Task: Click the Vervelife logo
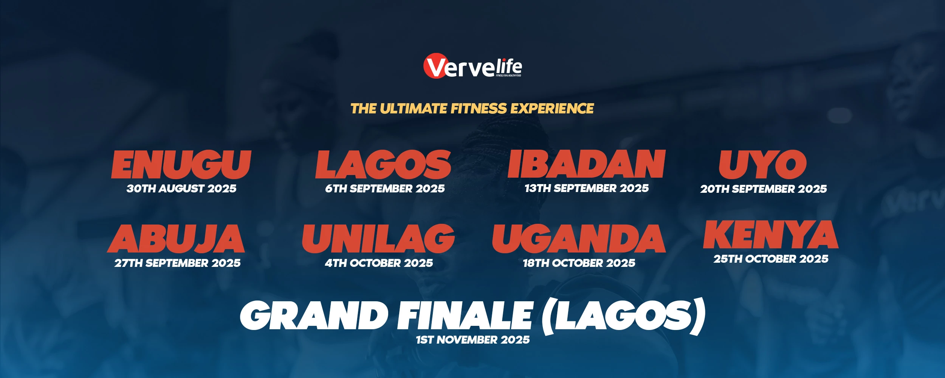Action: click(x=472, y=66)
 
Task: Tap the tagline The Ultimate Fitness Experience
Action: click(x=472, y=108)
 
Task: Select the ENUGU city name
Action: click(x=181, y=164)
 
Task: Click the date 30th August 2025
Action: click(x=181, y=188)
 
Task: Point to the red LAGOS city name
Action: click(x=383, y=164)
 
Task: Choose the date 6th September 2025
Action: click(x=385, y=188)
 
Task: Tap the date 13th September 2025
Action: click(x=586, y=188)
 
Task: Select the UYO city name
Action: click(x=762, y=164)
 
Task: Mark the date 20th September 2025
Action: click(x=763, y=189)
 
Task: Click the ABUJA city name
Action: click(x=176, y=239)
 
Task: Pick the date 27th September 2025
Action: click(x=177, y=263)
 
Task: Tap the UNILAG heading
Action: click(x=378, y=239)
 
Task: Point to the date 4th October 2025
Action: click(x=379, y=263)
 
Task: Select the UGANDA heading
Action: click(x=579, y=239)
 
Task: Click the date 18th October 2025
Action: click(x=579, y=263)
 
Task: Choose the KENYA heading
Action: click(x=771, y=235)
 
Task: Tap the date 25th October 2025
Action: click(x=771, y=259)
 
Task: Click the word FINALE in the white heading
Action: click(x=465, y=316)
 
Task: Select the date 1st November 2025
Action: click(x=472, y=339)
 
